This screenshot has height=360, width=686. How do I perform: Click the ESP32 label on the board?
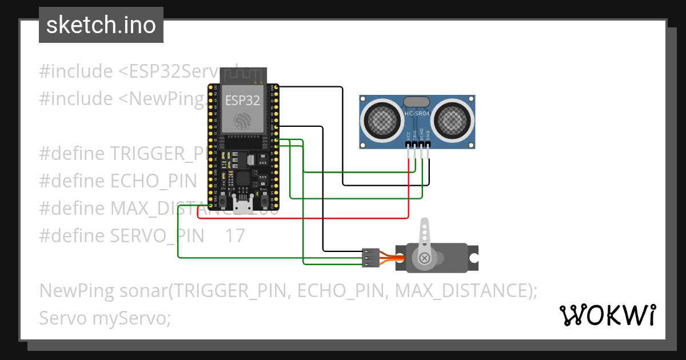[x=242, y=101]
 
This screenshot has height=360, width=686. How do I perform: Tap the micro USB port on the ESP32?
[x=243, y=206]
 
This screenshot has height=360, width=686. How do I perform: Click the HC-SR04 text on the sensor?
[x=417, y=114]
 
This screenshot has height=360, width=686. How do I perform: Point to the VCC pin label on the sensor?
[x=408, y=135]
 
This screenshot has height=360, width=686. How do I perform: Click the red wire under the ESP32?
[x=303, y=218]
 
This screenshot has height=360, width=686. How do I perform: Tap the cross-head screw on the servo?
[x=425, y=258]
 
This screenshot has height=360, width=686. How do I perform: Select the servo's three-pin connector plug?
[x=370, y=258]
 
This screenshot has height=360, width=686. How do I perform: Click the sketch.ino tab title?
[x=101, y=25]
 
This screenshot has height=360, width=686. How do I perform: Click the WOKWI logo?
[x=607, y=315]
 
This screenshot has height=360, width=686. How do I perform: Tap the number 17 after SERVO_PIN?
[x=234, y=235]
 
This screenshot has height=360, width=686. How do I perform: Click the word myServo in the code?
[x=131, y=318]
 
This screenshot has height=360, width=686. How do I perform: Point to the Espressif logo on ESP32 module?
[x=242, y=121]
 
